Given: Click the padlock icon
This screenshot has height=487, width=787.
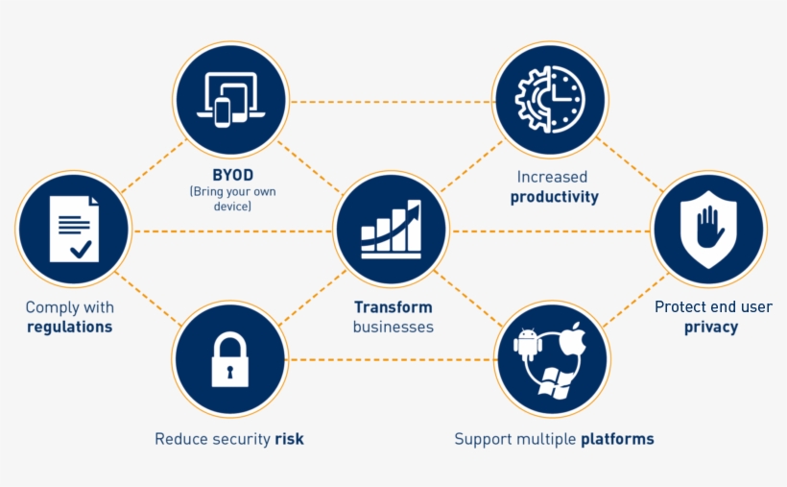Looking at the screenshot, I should [x=229, y=358].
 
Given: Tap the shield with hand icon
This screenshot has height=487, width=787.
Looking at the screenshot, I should [x=708, y=231].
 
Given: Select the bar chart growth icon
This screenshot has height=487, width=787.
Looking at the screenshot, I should [x=391, y=229].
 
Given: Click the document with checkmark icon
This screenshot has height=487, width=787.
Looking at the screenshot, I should [x=74, y=229].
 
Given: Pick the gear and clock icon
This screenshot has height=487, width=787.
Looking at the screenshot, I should [x=548, y=98].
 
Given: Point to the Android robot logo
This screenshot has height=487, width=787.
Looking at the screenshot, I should [x=527, y=344].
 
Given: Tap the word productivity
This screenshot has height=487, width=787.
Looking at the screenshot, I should [x=554, y=197].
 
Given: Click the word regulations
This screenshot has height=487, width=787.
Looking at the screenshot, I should [x=69, y=327].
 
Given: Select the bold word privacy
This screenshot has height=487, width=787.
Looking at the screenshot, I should [x=710, y=327].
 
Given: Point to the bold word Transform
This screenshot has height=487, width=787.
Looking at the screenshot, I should [x=393, y=307].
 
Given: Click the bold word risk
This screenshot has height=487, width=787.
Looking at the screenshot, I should [x=289, y=439].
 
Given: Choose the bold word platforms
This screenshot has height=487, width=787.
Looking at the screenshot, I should [x=617, y=439].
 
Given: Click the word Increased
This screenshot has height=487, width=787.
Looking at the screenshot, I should [x=552, y=177].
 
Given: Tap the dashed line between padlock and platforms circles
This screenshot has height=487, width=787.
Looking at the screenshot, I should [x=392, y=359].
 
